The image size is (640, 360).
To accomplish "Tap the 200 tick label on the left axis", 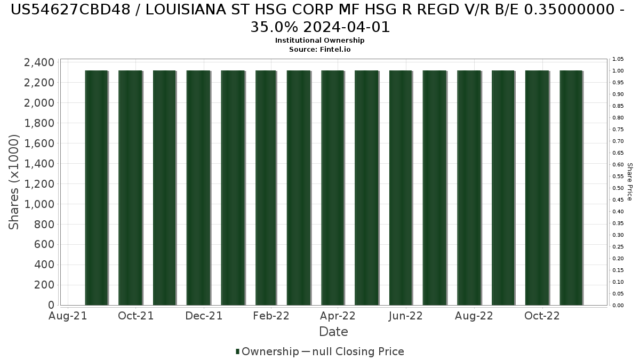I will (x=45, y=285).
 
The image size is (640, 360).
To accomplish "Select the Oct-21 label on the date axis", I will (x=136, y=316).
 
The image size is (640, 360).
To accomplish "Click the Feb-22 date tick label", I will (x=271, y=316).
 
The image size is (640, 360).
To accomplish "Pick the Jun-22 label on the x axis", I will (x=406, y=316).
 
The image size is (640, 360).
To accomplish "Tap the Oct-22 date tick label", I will (x=541, y=316).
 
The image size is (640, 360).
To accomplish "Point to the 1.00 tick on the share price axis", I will (x=618, y=71).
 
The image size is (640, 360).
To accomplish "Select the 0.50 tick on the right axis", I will (x=618, y=188).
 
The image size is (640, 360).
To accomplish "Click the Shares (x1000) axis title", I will (x=14, y=182).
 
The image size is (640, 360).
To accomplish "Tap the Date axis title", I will (x=333, y=332).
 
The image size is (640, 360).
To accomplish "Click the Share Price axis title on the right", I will (x=629, y=182).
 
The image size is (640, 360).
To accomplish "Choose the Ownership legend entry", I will (x=267, y=351).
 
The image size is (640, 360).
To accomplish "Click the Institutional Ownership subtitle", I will (x=319, y=41).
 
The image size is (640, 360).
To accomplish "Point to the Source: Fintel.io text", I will (x=319, y=49).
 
